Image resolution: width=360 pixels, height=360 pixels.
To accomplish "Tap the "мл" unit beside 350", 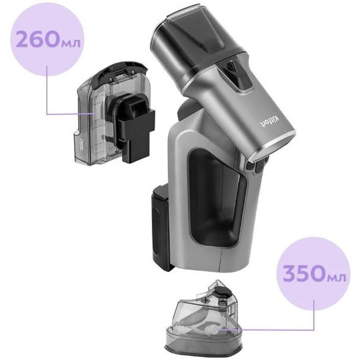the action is pyautogui.click(x=337, y=277).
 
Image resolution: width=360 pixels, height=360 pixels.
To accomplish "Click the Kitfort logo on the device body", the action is pyautogui.click(x=271, y=121).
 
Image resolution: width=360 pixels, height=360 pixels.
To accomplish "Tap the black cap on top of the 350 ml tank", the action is pyautogui.click(x=220, y=290).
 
